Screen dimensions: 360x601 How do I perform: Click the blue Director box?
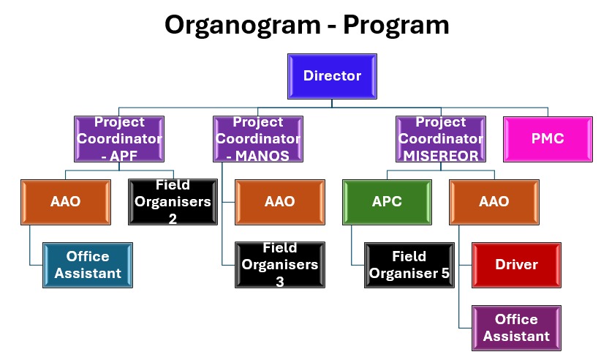[332, 75]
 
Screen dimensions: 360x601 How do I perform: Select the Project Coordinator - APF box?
[118, 138]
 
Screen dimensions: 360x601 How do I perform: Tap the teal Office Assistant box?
[88, 265]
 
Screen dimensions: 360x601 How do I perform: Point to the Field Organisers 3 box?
[279, 264]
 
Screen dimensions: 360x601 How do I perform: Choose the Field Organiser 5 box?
[409, 264]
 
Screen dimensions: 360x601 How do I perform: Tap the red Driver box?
[515, 264]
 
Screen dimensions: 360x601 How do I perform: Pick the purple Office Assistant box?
[515, 327]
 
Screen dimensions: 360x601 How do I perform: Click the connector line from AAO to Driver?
[465, 264]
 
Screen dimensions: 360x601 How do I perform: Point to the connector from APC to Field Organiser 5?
[358, 264]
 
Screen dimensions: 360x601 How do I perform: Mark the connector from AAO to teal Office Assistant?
[36, 265]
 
